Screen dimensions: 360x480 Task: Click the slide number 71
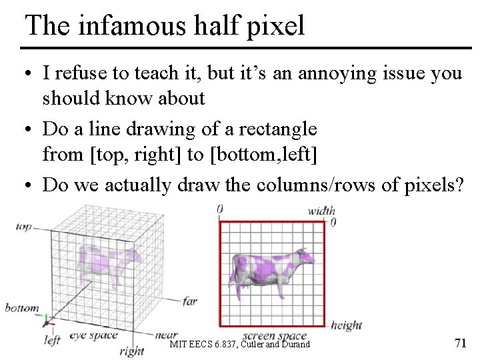pyautogui.click(x=459, y=344)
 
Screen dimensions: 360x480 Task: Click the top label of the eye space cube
pyautogui.click(x=23, y=227)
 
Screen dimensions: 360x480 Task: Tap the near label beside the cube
pyautogui.click(x=166, y=334)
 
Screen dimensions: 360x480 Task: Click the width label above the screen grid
pyautogui.click(x=321, y=211)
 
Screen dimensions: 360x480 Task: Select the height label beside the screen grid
pyautogui.click(x=345, y=325)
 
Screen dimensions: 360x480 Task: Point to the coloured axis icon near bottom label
pyautogui.click(x=48, y=322)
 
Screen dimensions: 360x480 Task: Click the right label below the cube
pyautogui.click(x=131, y=351)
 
